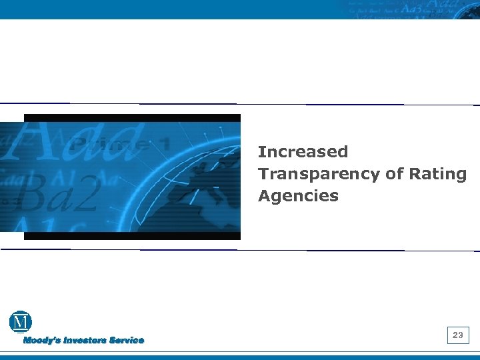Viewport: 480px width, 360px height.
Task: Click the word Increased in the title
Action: pos(303,152)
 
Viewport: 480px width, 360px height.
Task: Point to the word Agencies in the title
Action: pos(298,196)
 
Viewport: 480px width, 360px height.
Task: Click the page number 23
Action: pos(457,335)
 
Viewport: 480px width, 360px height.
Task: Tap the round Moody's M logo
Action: pos(21,322)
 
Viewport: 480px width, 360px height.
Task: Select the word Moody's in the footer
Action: pos(43,341)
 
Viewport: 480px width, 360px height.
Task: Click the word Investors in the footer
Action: pos(85,341)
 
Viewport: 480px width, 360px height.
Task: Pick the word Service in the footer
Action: pos(127,341)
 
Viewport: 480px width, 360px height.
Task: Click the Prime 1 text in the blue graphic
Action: pos(120,143)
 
